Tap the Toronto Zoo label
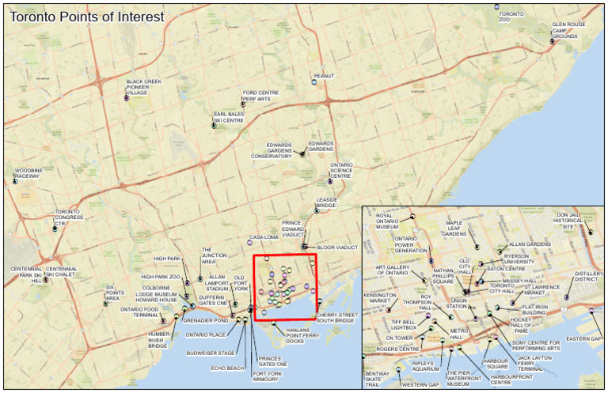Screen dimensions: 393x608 pyautogui.click(x=511, y=17)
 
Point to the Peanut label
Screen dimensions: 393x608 pyautogui.click(x=324, y=76)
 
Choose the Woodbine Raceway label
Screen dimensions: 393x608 pyautogui.click(x=28, y=173)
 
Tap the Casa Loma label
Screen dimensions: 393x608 pyautogui.click(x=261, y=237)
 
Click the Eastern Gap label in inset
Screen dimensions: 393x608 pyautogui.click(x=584, y=338)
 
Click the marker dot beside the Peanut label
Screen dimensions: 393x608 pyautogui.click(x=314, y=82)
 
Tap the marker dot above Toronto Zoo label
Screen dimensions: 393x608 pyautogui.click(x=497, y=6)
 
